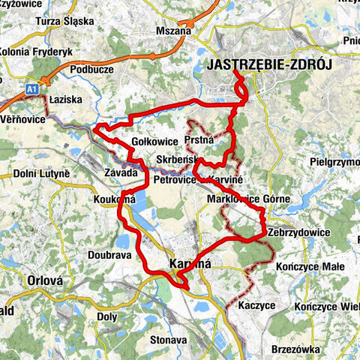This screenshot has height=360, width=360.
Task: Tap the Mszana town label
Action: coord(175,31)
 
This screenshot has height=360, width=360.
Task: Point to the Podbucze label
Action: coord(90,69)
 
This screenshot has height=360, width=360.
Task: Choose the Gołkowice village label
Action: coord(154,141)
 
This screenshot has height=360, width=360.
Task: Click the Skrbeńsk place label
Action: coord(177,160)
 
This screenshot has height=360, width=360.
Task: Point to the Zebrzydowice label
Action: coord(298,232)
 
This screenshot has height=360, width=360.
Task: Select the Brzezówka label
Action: coord(300,349)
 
